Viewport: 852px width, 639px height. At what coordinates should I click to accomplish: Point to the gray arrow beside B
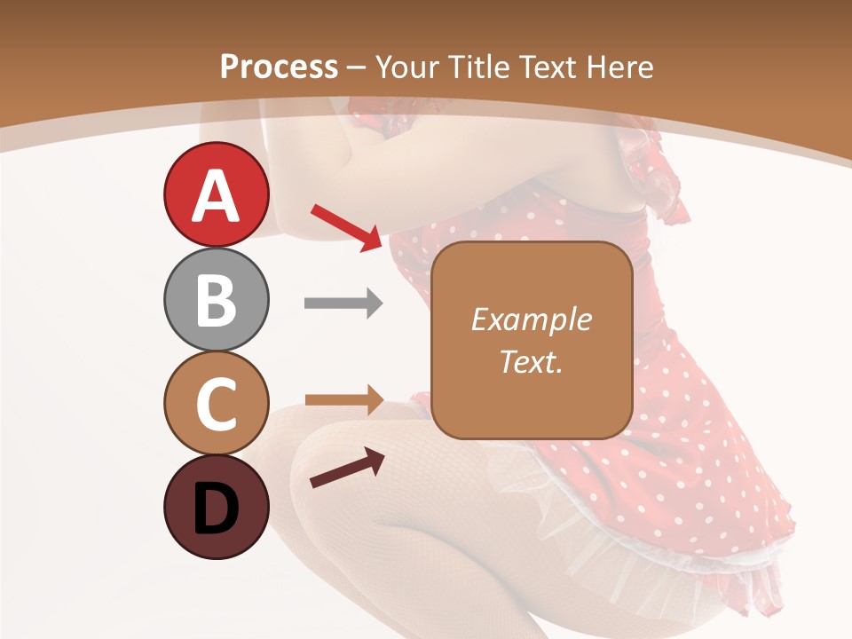[343, 304]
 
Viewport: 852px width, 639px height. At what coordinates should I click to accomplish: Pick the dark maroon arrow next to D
[346, 469]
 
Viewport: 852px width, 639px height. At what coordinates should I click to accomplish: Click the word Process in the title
[279, 67]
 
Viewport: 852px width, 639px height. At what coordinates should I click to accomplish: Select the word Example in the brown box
[531, 319]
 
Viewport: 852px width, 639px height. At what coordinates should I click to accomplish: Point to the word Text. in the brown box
[531, 361]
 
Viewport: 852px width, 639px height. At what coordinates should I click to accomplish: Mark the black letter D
[216, 509]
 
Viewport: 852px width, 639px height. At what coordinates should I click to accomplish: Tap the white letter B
[216, 301]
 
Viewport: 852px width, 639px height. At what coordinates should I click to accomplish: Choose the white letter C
[216, 405]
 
